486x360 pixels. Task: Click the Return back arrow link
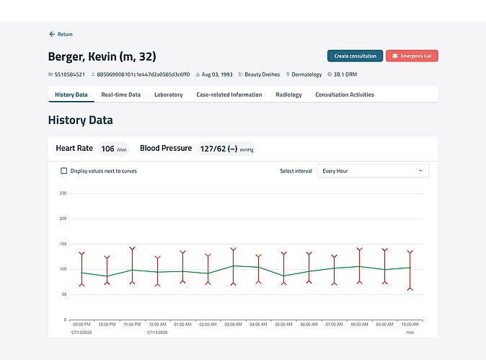(x=61, y=34)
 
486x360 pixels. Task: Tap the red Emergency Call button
(x=412, y=56)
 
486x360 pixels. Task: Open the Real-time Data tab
(x=121, y=95)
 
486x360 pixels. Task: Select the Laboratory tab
(x=168, y=95)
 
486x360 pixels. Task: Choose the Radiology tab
(x=288, y=95)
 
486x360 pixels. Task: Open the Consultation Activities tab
(x=345, y=95)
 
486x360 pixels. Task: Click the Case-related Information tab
(x=229, y=95)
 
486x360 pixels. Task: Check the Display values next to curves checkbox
(x=64, y=171)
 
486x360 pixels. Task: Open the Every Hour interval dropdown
(x=373, y=171)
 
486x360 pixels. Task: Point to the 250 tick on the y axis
(x=63, y=193)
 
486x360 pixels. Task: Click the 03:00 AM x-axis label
(x=233, y=325)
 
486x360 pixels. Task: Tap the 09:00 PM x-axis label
(x=81, y=325)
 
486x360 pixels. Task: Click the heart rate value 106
(x=107, y=149)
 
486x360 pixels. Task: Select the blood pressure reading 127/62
(x=213, y=149)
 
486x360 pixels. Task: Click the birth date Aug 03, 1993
(x=217, y=74)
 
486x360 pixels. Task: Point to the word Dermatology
(x=306, y=74)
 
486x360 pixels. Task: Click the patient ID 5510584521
(x=69, y=74)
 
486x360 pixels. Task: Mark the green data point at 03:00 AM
(x=234, y=265)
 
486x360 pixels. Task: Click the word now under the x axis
(x=410, y=333)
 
